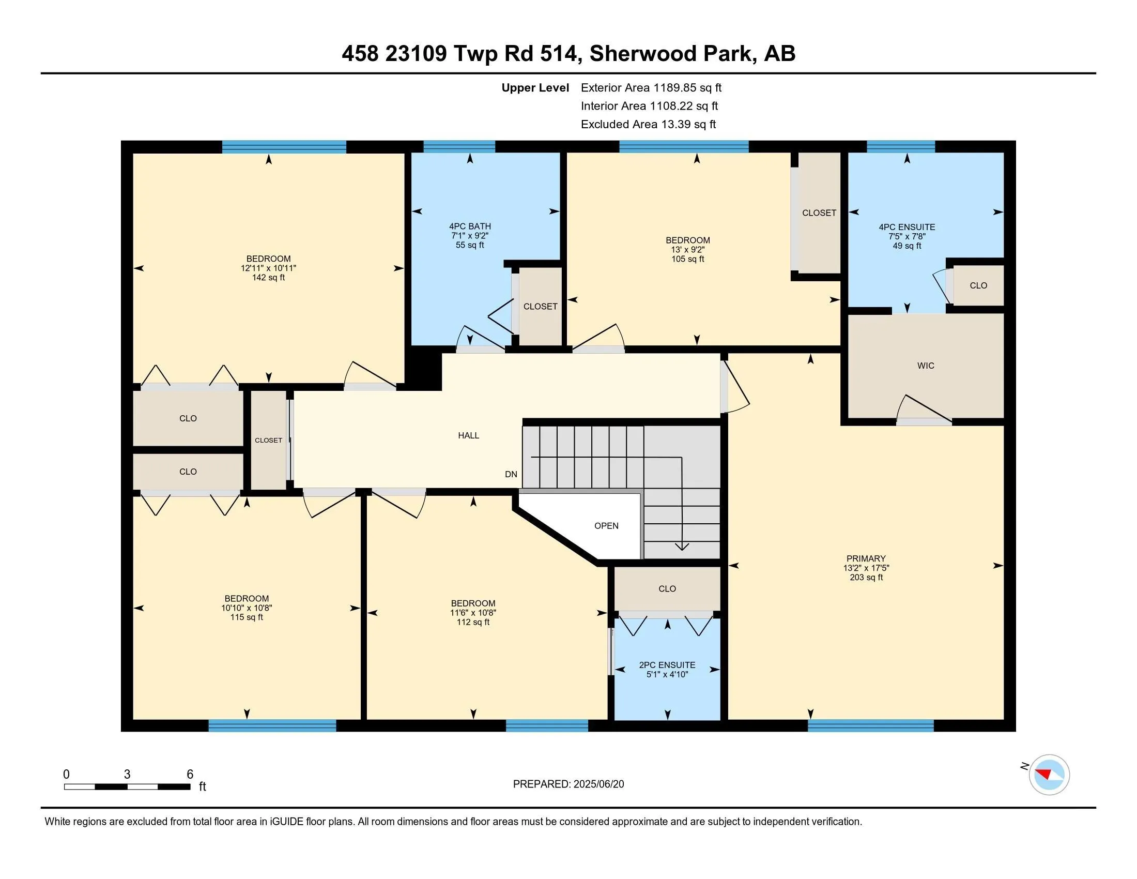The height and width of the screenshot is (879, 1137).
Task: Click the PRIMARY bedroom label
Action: click(866, 558)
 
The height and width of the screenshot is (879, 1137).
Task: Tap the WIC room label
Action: click(926, 366)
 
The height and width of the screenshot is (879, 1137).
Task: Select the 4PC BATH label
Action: click(470, 226)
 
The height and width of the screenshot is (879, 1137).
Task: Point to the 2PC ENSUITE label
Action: click(667, 665)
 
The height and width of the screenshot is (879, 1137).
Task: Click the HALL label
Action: click(469, 435)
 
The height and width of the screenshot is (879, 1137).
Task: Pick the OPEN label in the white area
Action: click(607, 526)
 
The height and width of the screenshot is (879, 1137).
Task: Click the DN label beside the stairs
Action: click(511, 474)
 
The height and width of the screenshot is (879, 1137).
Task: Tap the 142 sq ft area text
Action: click(269, 278)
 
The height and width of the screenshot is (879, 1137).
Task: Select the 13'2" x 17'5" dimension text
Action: click(866, 568)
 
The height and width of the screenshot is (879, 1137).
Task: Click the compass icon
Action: click(1049, 775)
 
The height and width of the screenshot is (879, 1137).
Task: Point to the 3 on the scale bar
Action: click(127, 775)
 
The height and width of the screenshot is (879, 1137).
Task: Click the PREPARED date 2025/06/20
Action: click(598, 784)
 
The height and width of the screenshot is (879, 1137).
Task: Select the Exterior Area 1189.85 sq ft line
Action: click(651, 87)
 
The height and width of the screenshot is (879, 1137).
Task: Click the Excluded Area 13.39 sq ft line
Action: click(648, 124)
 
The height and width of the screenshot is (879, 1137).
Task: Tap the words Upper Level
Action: click(535, 87)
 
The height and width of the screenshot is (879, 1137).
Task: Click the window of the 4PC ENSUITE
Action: click(901, 146)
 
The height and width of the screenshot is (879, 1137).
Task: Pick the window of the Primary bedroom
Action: click(870, 725)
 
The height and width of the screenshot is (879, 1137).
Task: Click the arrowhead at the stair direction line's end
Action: click(682, 547)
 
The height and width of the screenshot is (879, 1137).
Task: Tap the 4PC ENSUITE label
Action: click(907, 227)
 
